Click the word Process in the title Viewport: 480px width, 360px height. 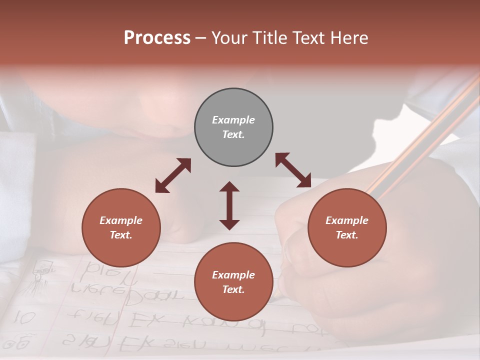coord(157,38)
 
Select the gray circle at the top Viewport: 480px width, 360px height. coord(233,127)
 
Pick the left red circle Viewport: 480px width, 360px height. coord(121,228)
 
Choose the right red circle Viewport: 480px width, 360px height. coord(347,228)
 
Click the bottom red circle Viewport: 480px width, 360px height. coord(233,282)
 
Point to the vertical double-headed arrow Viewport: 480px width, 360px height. coord(229,205)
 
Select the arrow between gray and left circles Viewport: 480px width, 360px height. coord(173,175)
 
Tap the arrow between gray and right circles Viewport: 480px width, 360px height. coord(293,170)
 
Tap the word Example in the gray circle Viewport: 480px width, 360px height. coord(233,120)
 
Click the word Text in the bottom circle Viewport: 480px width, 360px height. coord(233,289)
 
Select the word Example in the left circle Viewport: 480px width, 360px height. coord(121,220)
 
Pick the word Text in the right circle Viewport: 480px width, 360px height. coord(346,235)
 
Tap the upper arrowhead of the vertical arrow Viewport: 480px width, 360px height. coord(229,187)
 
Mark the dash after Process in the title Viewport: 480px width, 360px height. coord(200,38)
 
